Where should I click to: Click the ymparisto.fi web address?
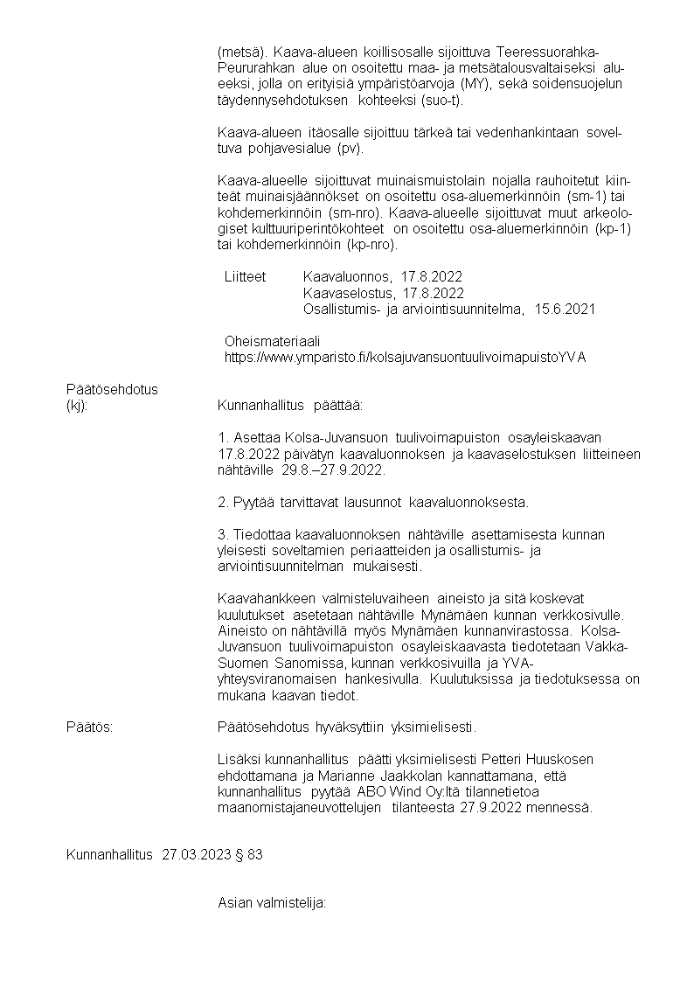[x=405, y=357]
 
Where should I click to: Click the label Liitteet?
[x=245, y=276]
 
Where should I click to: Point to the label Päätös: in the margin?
[x=89, y=727]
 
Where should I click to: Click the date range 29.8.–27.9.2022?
[x=332, y=470]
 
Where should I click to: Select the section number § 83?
[x=249, y=855]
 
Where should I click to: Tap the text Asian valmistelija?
[x=271, y=903]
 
